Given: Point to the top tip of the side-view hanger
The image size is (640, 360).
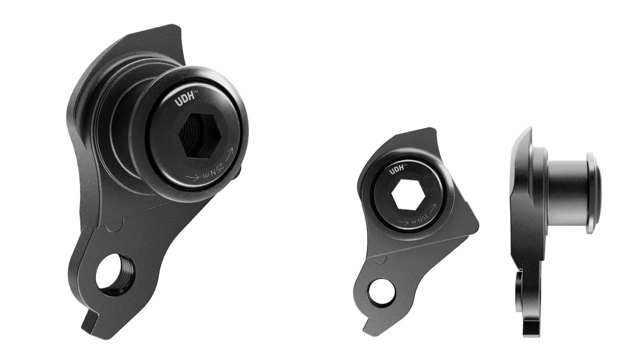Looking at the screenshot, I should pyautogui.click(x=530, y=129).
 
